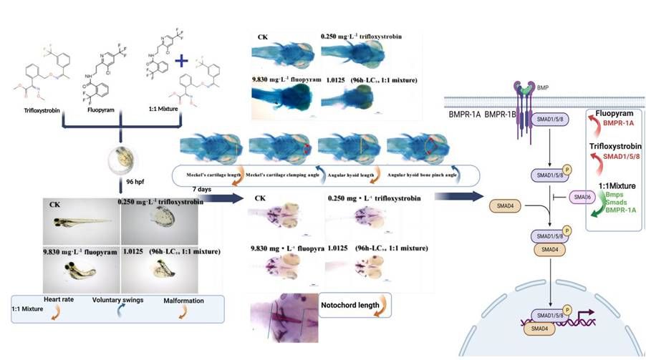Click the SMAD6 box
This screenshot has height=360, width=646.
click(x=580, y=195)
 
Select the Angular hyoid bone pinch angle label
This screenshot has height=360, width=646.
click(x=415, y=175)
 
